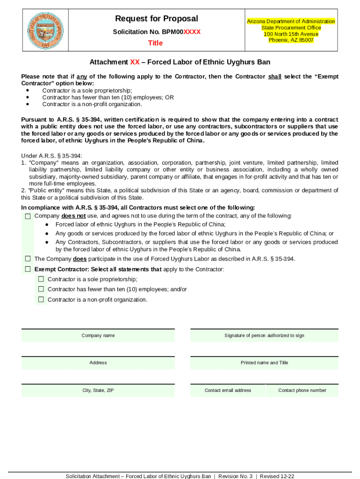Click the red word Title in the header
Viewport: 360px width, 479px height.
(x=155, y=43)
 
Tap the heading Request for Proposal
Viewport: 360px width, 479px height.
(x=157, y=19)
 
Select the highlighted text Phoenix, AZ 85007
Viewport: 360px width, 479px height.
(x=291, y=40)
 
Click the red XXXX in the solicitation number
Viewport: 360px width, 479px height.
(x=192, y=32)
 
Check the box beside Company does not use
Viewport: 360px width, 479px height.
(x=28, y=216)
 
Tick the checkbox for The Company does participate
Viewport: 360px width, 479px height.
(x=28, y=259)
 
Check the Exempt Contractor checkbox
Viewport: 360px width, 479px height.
(x=28, y=269)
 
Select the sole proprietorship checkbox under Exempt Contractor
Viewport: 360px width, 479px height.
(x=41, y=279)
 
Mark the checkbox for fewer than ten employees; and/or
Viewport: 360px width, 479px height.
(x=41, y=289)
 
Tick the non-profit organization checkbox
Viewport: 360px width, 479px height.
(x=41, y=299)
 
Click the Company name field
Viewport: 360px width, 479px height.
(x=98, y=335)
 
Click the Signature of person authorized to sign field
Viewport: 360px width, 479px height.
(x=264, y=335)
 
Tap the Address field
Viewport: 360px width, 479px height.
(x=98, y=363)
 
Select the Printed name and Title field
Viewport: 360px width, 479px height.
(x=264, y=363)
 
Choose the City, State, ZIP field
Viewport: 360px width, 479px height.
(x=98, y=390)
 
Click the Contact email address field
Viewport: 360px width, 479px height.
(x=228, y=390)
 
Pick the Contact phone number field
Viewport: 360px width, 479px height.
(x=302, y=390)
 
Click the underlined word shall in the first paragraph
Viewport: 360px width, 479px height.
(x=274, y=77)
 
